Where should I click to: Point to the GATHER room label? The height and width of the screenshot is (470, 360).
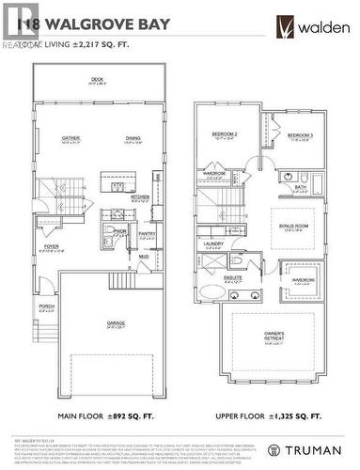coord(70,138)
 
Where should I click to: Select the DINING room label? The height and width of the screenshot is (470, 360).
coord(133,138)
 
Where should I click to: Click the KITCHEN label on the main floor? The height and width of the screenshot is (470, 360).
coord(140,197)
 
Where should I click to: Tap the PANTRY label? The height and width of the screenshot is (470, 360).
coord(147,234)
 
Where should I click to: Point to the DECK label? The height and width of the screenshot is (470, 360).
coord(96,80)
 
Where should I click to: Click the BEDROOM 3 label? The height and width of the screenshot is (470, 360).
coord(299,135)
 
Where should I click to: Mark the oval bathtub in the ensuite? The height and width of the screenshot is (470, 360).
coord(210,292)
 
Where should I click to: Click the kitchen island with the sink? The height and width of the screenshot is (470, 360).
coord(114,176)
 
